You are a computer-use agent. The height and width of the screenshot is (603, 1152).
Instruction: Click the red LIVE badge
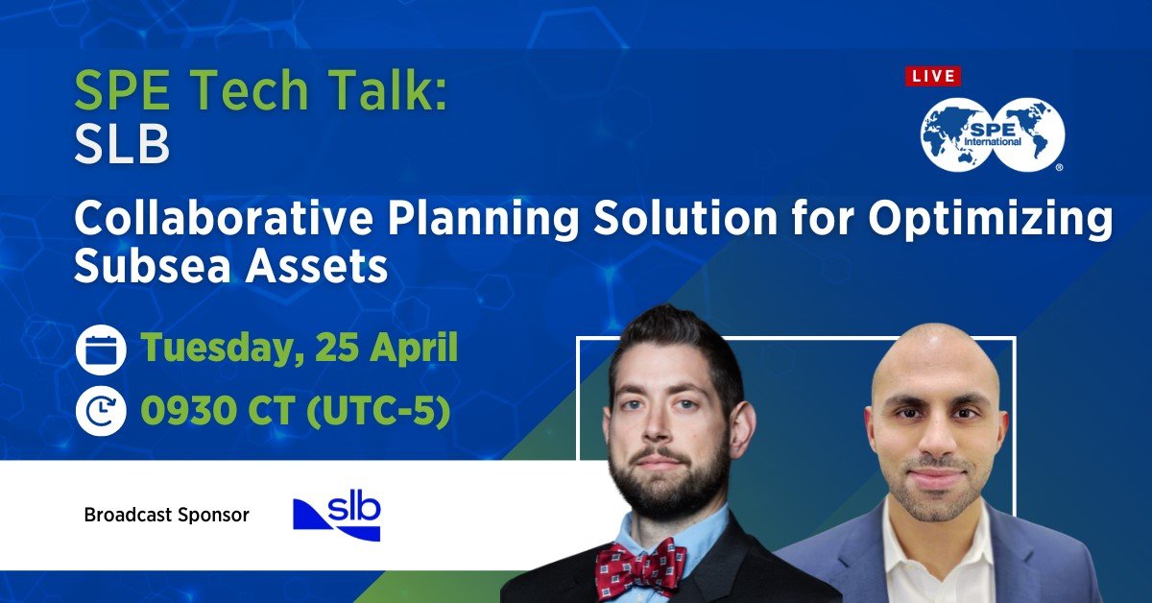coord(932,76)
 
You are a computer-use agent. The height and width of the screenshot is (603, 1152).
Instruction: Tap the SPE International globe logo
coord(993,133)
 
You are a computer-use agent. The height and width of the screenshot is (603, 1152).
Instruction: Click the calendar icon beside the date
coord(100,350)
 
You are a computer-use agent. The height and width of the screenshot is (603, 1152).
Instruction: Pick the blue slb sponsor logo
coord(337,516)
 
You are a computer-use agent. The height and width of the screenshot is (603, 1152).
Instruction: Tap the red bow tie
coord(640,567)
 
